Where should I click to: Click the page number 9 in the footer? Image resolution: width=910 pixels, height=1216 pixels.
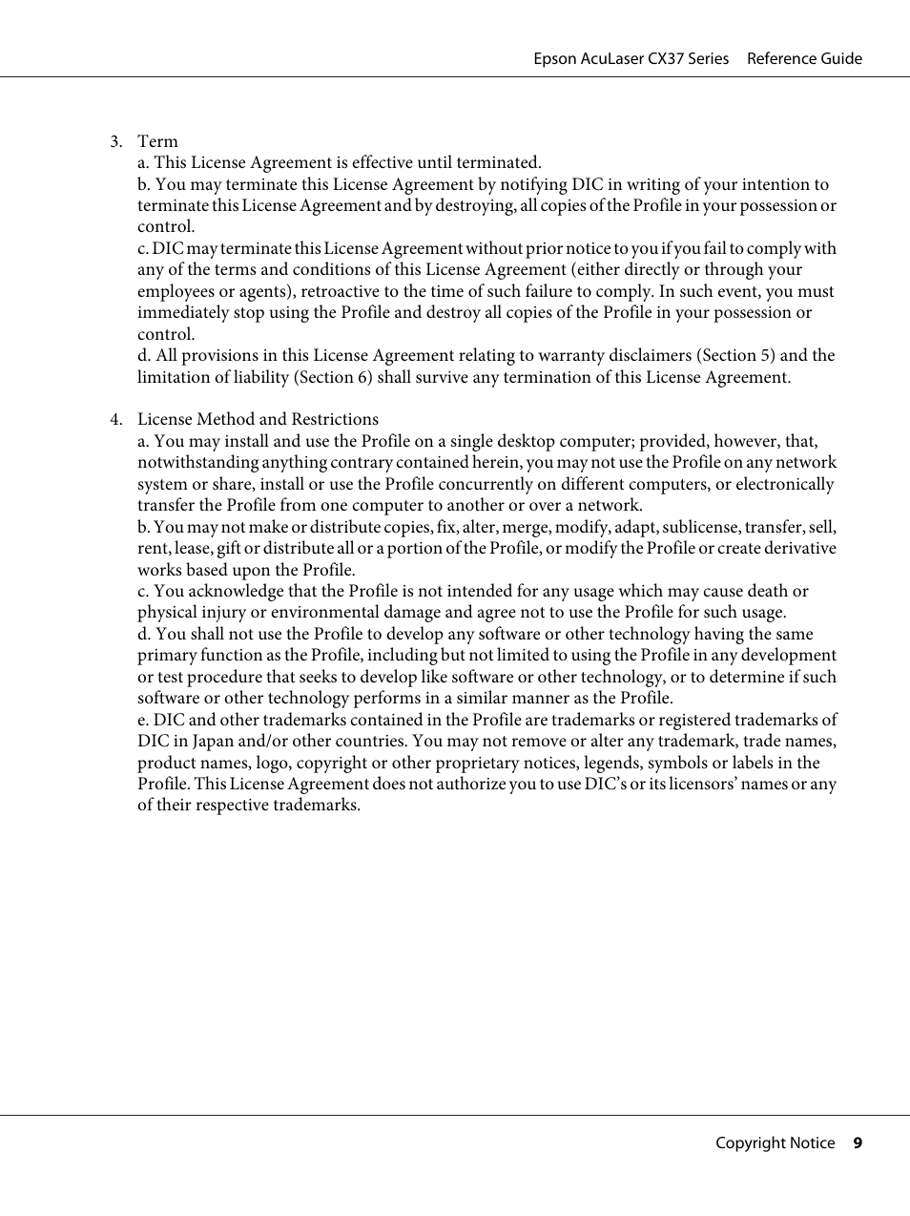pos(858,1143)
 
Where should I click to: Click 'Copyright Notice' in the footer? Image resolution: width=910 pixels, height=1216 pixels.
pos(775,1143)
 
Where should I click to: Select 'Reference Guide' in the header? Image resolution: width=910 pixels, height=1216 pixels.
pos(804,58)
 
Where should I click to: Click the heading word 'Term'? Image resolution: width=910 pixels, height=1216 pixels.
pos(157,141)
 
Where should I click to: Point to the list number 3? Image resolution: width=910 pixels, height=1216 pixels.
pos(114,141)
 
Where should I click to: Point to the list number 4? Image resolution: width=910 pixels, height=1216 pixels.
pos(114,419)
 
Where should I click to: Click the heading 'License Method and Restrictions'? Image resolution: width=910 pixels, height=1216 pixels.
pos(258,419)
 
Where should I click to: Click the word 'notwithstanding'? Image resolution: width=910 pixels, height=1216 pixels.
pos(196,462)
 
